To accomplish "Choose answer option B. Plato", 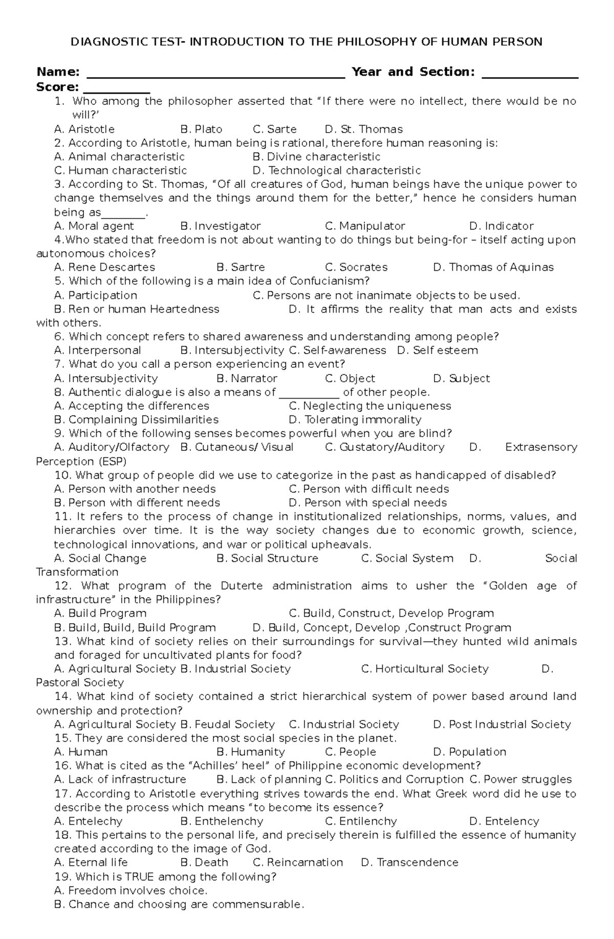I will click(201, 129).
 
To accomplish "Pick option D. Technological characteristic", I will click(336, 170).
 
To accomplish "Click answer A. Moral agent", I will click(94, 226).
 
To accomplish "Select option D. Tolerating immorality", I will click(355, 420).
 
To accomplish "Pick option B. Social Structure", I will click(267, 558).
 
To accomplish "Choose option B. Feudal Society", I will click(227, 725).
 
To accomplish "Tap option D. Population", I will click(469, 752).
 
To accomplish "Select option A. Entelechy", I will click(88, 821).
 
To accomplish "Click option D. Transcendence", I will click(409, 863).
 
